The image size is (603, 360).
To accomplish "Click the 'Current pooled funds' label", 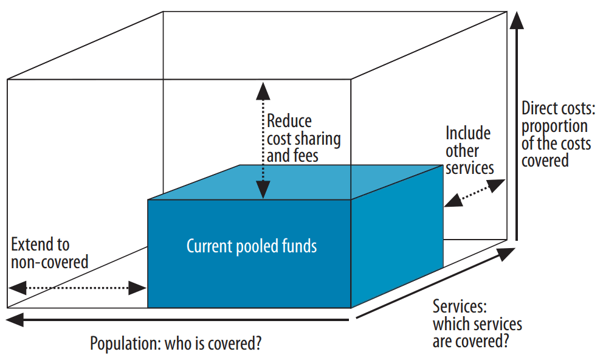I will pyautogui.click(x=251, y=246).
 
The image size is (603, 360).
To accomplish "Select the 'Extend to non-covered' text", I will pyautogui.click(x=49, y=253).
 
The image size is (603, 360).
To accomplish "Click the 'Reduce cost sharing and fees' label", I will pyautogui.click(x=303, y=138).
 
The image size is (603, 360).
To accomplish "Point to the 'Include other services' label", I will pyautogui.click(x=469, y=150).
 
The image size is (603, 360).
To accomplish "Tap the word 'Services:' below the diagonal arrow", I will pyautogui.click(x=460, y=306).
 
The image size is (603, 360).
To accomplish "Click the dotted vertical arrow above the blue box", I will pyautogui.click(x=263, y=140).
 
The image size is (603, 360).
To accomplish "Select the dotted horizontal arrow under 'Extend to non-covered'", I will pyautogui.click(x=77, y=288).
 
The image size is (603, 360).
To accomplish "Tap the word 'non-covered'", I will pyautogui.click(x=49, y=262).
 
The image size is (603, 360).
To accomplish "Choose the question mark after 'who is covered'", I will pyautogui.click(x=258, y=344).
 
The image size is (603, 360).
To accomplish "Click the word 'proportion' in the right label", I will pyautogui.click(x=554, y=126).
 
